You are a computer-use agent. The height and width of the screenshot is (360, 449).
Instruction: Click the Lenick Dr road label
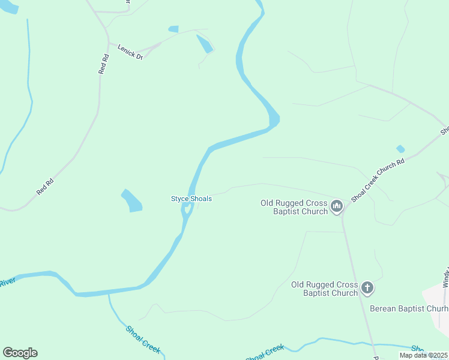[130, 53]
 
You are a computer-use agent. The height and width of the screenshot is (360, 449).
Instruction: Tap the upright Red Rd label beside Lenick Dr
[104, 64]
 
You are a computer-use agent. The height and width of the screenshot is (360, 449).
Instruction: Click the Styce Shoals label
[191, 199]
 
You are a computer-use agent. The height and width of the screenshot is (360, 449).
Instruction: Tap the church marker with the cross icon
[367, 289]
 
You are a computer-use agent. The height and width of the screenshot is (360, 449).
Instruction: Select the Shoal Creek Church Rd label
[379, 179]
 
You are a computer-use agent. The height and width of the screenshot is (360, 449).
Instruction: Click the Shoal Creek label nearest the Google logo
[143, 339]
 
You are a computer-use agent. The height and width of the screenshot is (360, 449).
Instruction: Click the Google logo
[20, 353]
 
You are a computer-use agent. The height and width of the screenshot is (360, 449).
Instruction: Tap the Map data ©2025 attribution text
[423, 355]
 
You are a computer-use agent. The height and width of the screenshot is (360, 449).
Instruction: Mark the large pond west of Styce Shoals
[132, 201]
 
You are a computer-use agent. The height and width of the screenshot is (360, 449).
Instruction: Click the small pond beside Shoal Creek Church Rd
[400, 149]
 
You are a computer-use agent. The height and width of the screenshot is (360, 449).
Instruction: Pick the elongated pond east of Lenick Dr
[205, 44]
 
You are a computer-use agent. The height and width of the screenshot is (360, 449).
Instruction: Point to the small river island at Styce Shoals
[188, 209]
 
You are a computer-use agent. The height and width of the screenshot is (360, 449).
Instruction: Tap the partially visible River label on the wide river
[7, 281]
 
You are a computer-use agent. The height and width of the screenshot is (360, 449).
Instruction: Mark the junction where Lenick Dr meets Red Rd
[109, 43]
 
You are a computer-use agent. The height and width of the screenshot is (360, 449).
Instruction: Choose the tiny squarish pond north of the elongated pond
[173, 29]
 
